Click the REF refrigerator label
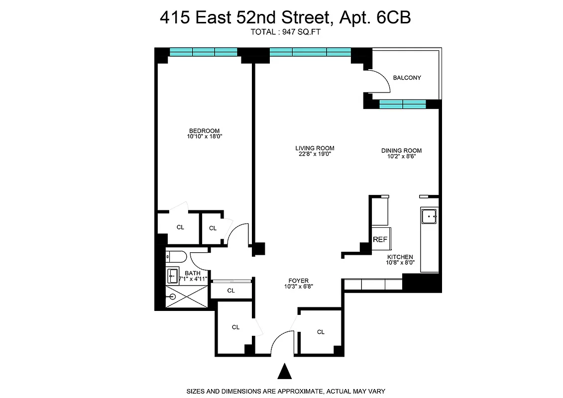[x=380, y=239]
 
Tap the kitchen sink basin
[x=429, y=216]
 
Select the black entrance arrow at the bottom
[x=284, y=372]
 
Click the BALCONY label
[x=407, y=78]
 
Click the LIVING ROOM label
[x=314, y=148]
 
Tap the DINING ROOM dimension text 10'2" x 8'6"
[x=401, y=156]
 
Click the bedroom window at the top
[x=203, y=52]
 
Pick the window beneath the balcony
[x=402, y=104]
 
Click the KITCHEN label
[x=400, y=257]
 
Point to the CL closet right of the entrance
[x=321, y=332]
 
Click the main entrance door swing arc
[x=282, y=341]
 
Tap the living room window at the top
[x=310, y=52]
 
